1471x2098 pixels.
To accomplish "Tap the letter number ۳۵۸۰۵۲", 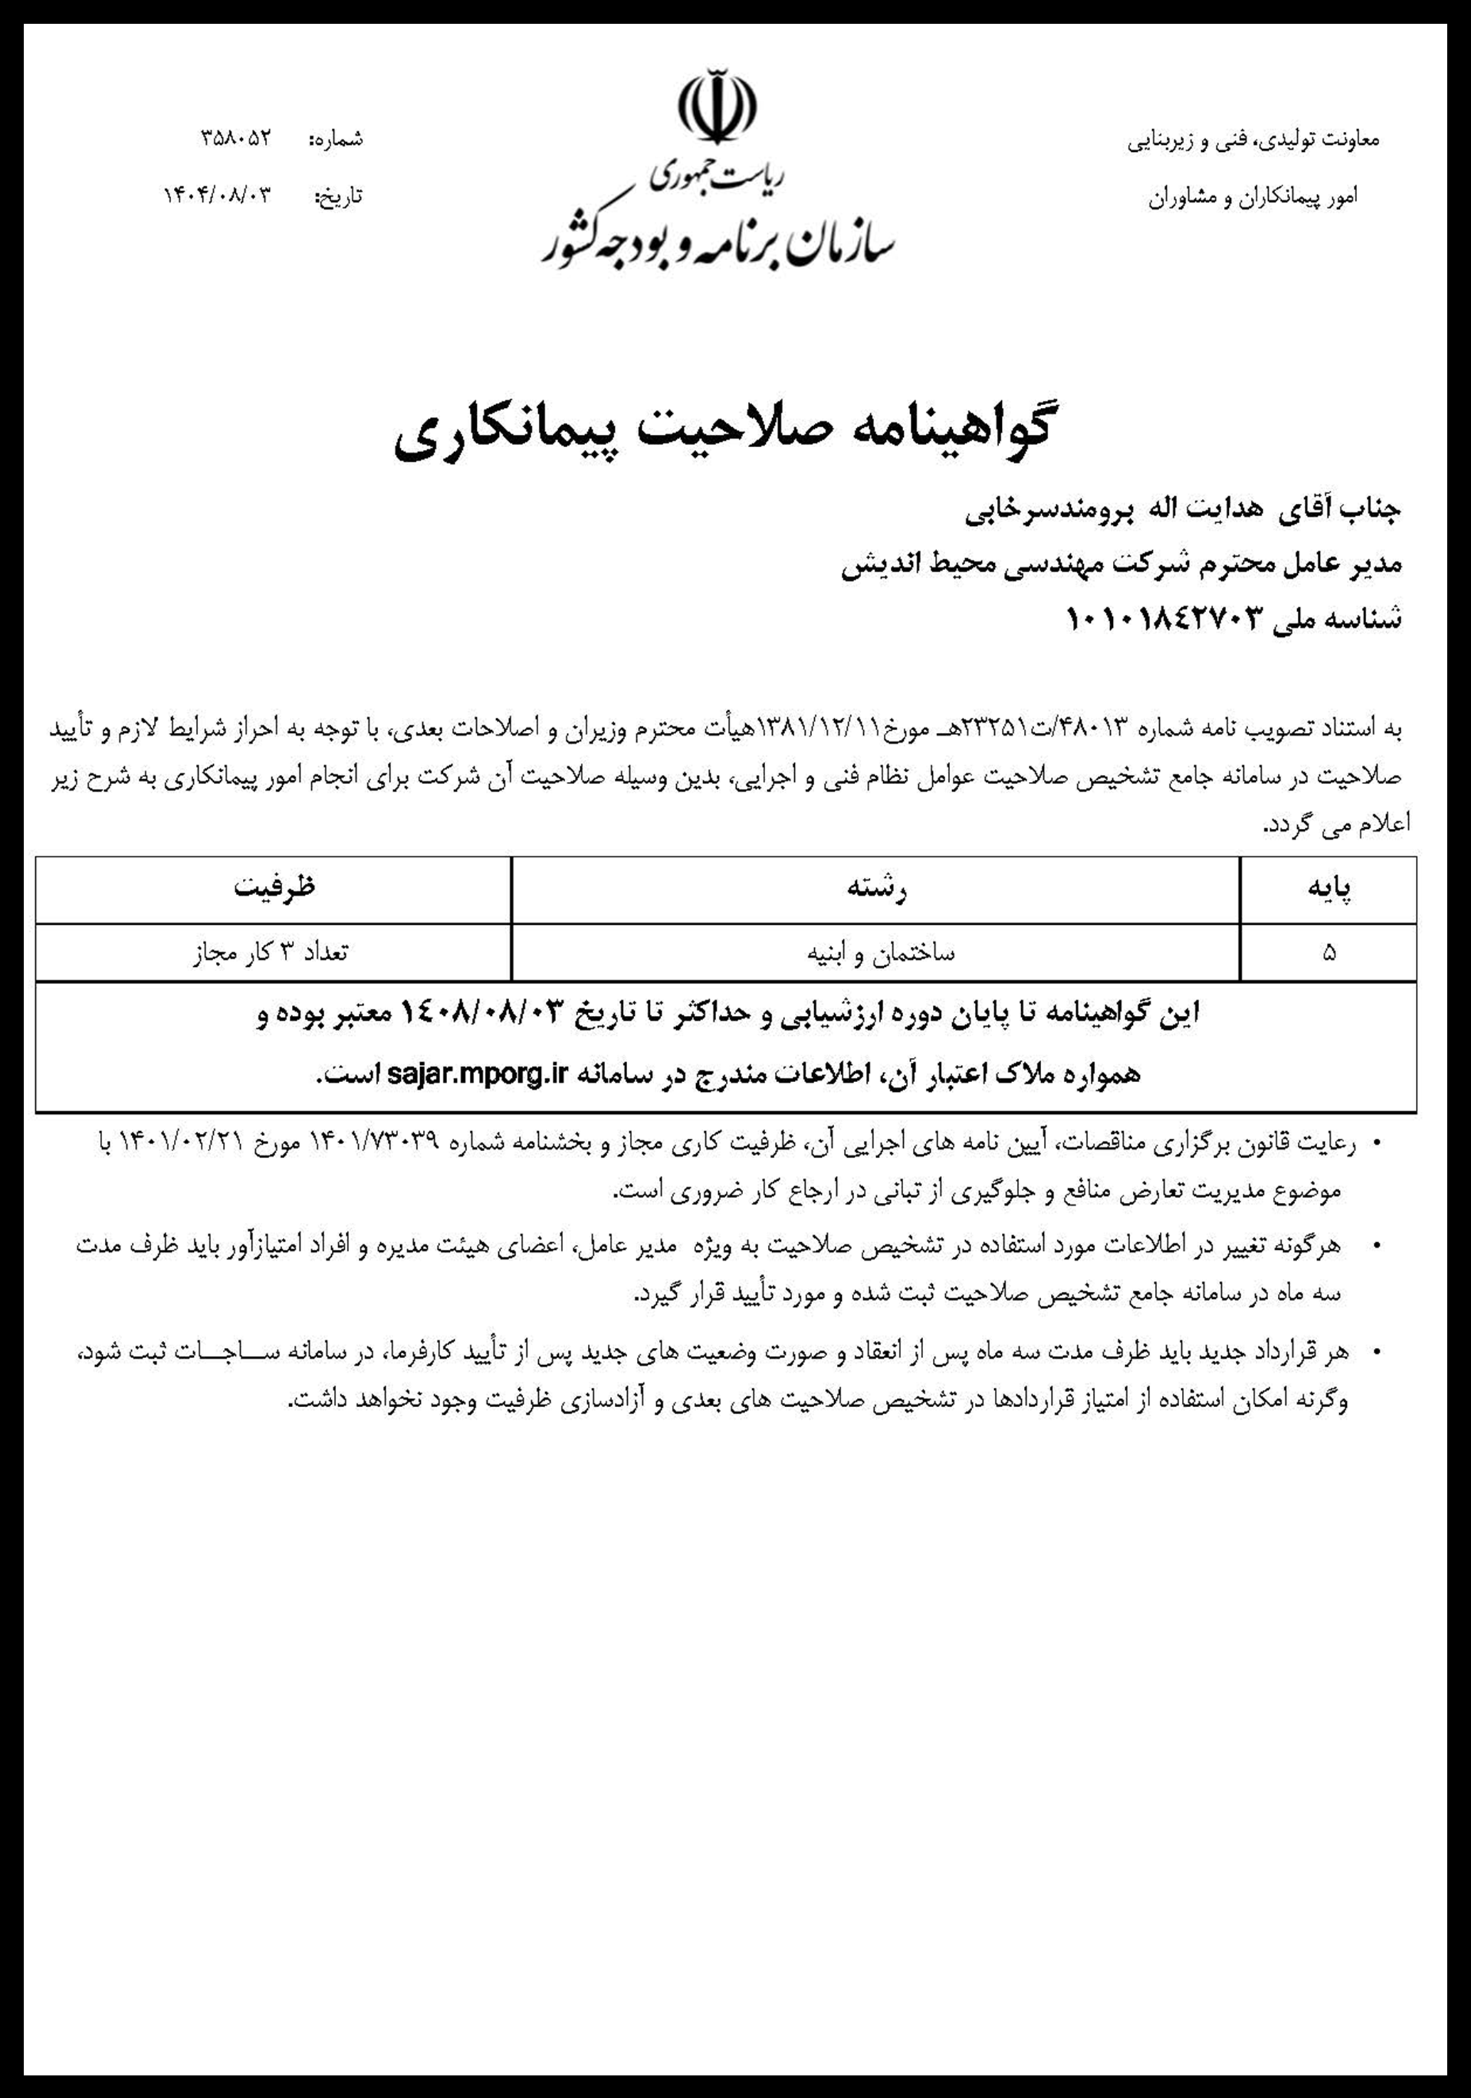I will click(236, 139).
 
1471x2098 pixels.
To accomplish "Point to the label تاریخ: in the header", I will click(338, 195).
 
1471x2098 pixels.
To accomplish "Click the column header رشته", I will click(876, 889).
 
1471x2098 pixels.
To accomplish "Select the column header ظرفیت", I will click(274, 888).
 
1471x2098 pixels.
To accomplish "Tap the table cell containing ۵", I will click(1328, 953).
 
